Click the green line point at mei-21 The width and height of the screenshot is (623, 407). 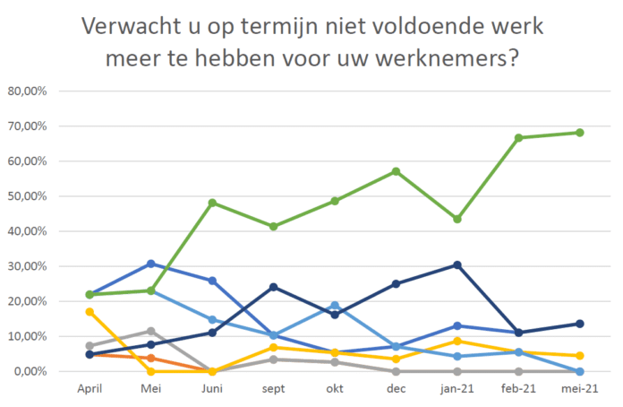pos(579,133)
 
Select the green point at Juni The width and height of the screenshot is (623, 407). pos(212,203)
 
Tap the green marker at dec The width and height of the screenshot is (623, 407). pos(396,171)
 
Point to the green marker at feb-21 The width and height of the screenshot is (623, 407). pos(518,138)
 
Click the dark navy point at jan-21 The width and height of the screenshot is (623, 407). pos(457,265)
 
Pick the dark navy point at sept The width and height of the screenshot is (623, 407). pos(274,287)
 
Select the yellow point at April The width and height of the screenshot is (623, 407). pos(90,312)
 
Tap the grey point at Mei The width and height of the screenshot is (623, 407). pos(151,331)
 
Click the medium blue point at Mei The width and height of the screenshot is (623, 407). pos(151,264)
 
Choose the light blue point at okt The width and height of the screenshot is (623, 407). pos(335,306)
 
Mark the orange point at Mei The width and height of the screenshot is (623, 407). pos(151,358)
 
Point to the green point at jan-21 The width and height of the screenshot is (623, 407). pos(457,219)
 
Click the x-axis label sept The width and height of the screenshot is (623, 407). pos(274,389)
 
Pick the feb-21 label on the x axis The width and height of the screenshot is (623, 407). pos(518,389)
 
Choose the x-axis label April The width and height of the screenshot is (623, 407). pos(90,389)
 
